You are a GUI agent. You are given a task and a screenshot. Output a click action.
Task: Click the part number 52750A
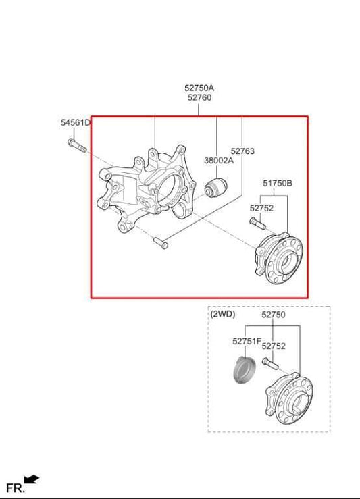[x=199, y=88]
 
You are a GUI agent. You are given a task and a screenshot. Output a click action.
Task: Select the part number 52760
[x=199, y=98]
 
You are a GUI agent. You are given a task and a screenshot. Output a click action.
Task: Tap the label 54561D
[x=75, y=123]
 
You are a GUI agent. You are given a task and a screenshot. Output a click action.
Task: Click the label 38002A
[x=218, y=160]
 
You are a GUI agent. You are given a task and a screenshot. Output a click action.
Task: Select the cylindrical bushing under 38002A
[x=217, y=188]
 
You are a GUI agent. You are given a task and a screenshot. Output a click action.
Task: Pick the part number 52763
[x=242, y=151]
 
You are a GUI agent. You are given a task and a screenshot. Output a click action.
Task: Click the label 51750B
[x=278, y=183]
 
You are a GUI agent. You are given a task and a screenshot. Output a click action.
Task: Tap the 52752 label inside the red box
[x=261, y=209]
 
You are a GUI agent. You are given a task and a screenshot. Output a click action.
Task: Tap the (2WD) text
[x=222, y=315]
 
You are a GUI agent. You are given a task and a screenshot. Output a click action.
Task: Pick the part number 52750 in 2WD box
[x=274, y=315]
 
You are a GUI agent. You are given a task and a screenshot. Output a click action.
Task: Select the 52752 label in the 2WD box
[x=274, y=346]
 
